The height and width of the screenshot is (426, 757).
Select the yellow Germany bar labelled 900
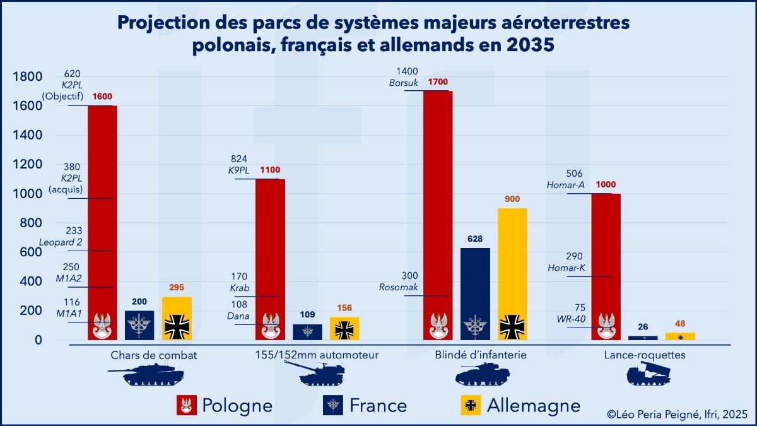(x=512, y=265)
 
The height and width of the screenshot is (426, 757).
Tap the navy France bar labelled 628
(x=475, y=284)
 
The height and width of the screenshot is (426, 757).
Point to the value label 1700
(x=438, y=82)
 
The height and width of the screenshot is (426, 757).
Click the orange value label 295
(x=177, y=287)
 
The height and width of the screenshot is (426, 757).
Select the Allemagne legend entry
(x=534, y=405)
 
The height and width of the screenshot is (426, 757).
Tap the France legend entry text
(x=378, y=405)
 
